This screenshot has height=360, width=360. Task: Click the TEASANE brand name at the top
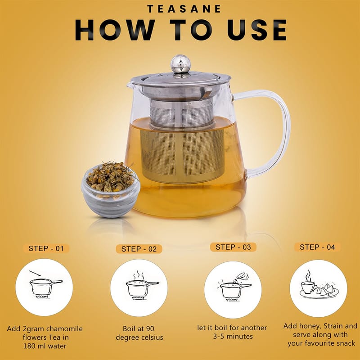click(x=184, y=9)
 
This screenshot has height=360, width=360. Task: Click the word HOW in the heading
click(x=115, y=30)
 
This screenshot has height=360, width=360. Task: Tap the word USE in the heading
click(x=257, y=30)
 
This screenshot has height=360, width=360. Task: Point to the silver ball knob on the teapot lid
click(x=181, y=63)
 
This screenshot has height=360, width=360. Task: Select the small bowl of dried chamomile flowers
click(x=111, y=189)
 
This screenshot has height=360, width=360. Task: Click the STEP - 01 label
click(x=46, y=248)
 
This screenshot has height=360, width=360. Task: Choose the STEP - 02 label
click(x=139, y=249)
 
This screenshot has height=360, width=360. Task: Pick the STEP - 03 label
click(x=233, y=247)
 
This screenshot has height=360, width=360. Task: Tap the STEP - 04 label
click(x=317, y=247)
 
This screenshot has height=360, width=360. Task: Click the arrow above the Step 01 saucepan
click(x=35, y=273)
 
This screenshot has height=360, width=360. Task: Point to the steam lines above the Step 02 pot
click(x=139, y=275)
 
